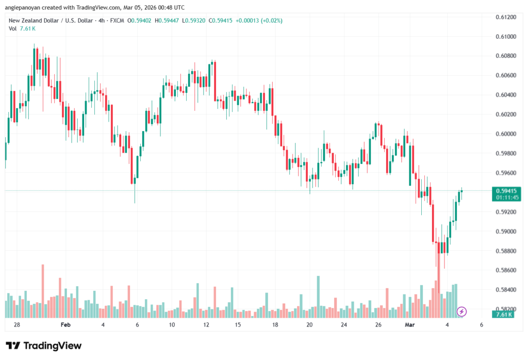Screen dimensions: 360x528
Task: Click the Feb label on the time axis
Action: pos(64,325)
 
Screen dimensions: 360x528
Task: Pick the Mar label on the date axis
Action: pos(409,325)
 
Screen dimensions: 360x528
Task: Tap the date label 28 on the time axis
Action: pos(16,325)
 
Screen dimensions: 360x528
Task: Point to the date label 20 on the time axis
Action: pos(309,325)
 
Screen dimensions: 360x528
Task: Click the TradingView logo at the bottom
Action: pos(43,346)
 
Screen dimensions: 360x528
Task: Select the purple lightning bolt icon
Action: pos(462,311)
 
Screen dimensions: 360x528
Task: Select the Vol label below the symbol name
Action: pos(12,28)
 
